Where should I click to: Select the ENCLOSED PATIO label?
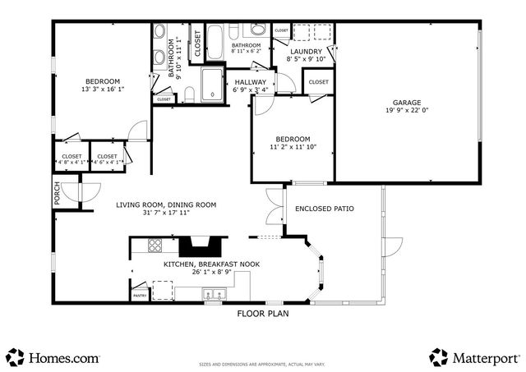pos(325,209)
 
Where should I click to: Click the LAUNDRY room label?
pos(306,51)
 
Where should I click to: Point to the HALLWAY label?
pos(251,82)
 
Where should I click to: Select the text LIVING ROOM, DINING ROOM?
pos(166,204)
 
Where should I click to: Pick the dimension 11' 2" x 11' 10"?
pos(292,149)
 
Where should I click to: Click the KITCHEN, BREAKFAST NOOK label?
pos(201,264)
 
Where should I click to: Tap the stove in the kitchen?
pos(155,245)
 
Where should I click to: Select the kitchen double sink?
pos(215,294)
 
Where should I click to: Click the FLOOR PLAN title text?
pos(263,313)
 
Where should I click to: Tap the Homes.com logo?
pos(53,357)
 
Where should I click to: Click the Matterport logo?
pos(475,357)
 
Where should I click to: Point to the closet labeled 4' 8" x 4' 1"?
pos(71,158)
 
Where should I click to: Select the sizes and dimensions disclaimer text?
pos(263,362)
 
